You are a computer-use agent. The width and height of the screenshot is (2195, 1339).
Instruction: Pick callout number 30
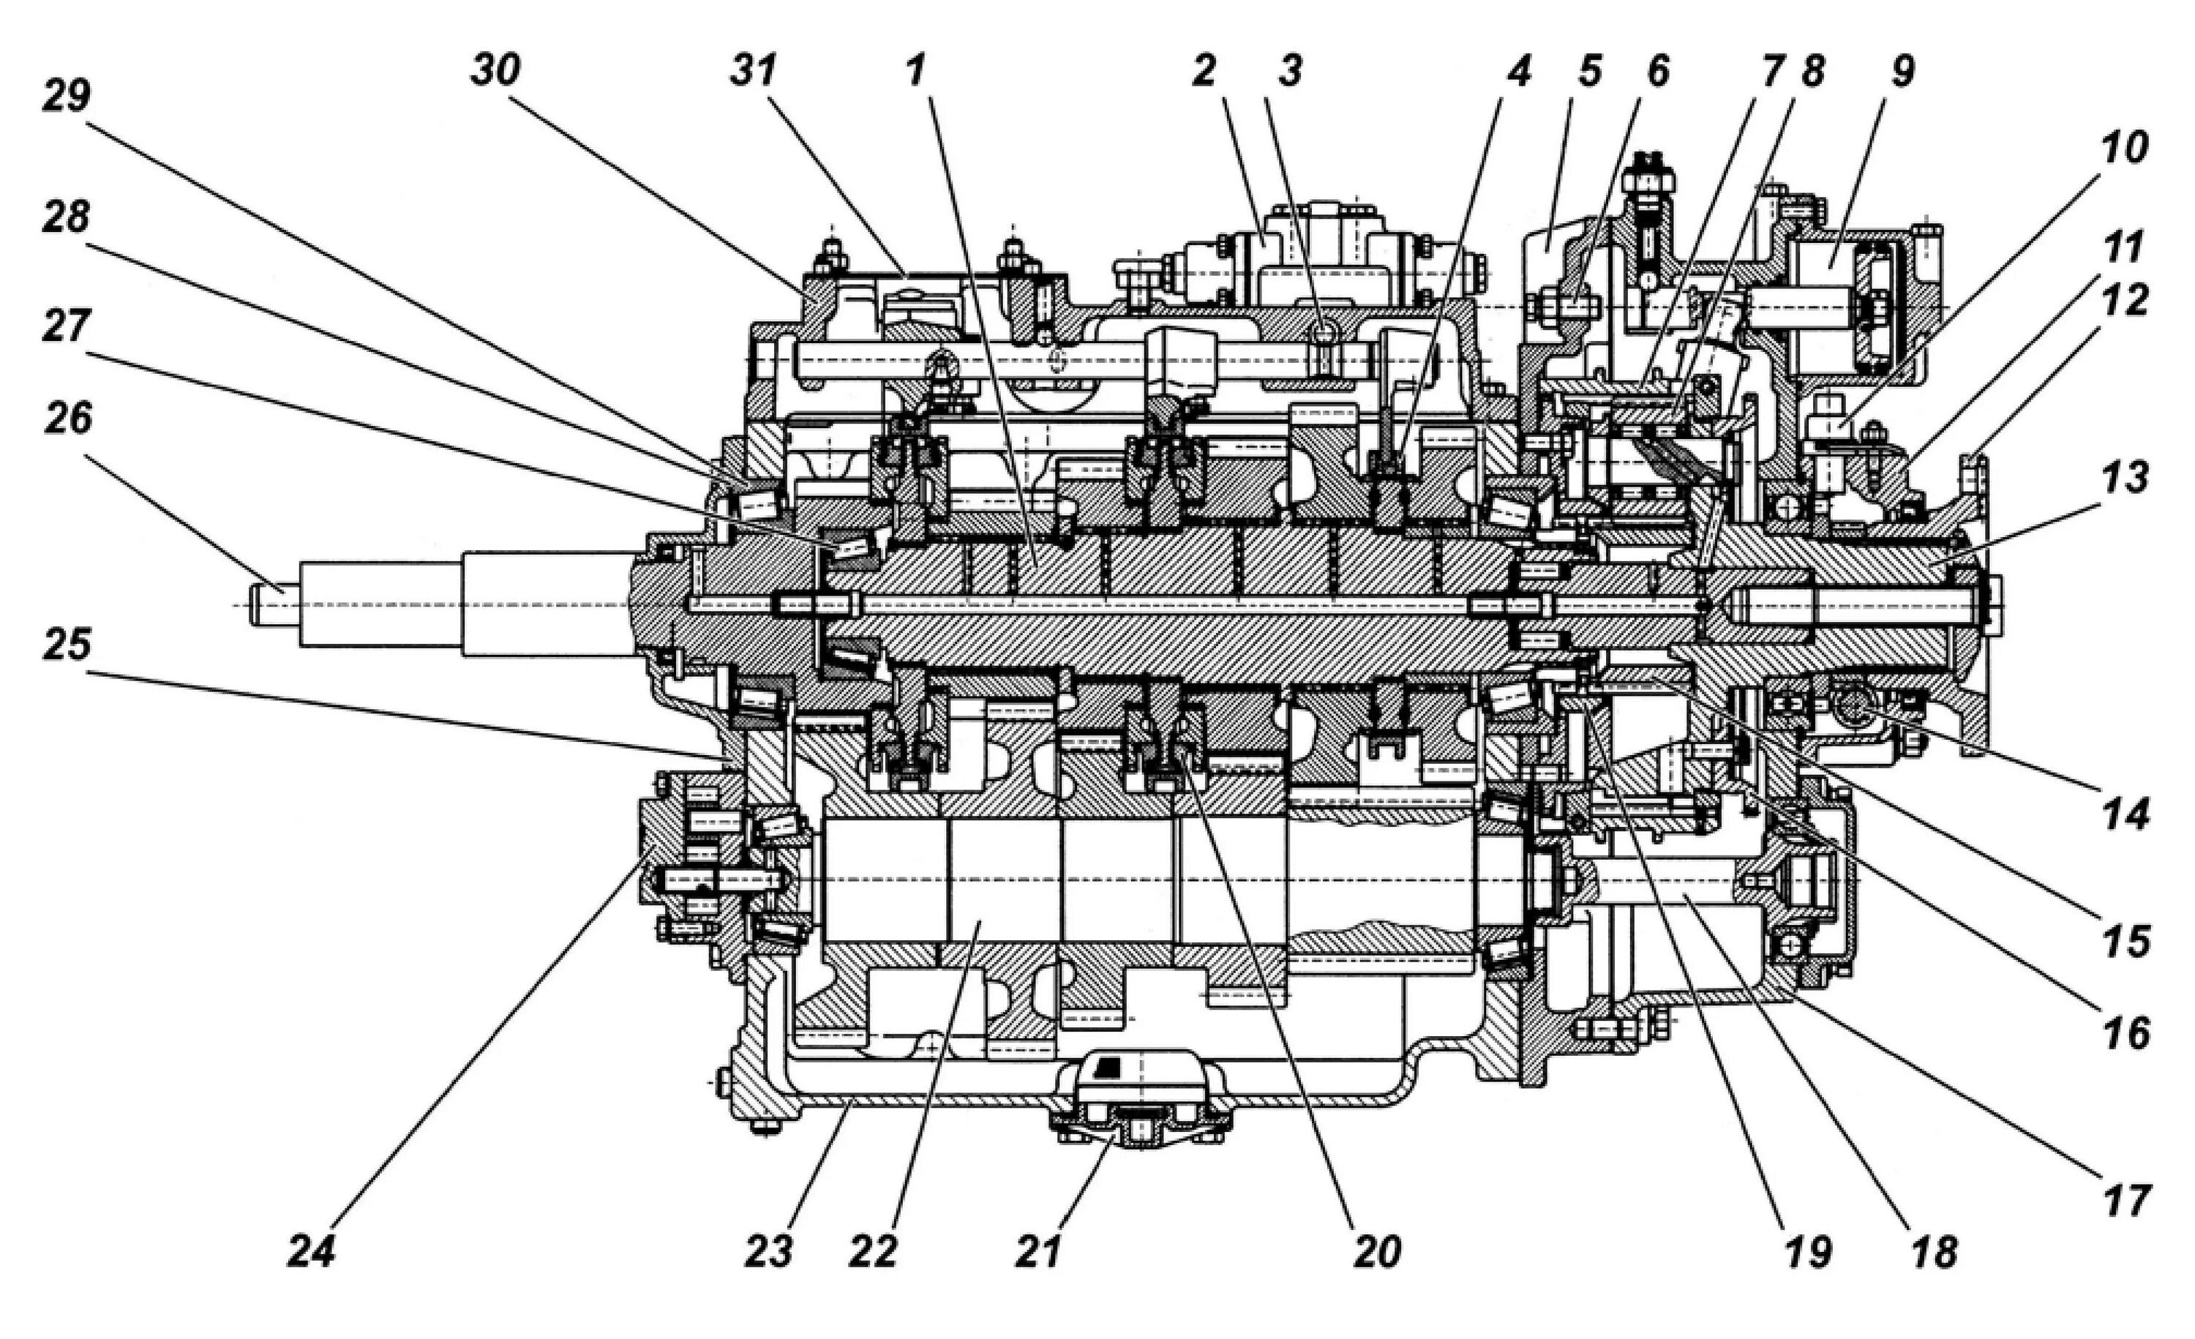495,70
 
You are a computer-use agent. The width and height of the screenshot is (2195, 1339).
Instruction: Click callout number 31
754,70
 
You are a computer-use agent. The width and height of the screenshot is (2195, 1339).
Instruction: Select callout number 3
1290,70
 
